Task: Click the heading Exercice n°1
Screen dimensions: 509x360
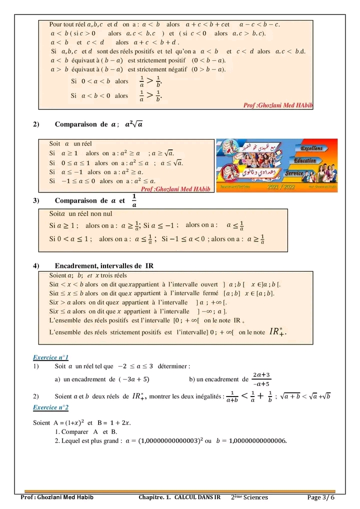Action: click(50, 357)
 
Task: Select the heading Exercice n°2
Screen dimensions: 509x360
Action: click(50, 407)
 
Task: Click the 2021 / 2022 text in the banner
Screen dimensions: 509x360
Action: click(281, 186)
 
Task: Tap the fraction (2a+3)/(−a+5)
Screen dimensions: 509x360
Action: click(261, 379)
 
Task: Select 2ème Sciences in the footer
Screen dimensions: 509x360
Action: click(249, 497)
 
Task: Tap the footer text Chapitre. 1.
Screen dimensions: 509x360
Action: click(155, 497)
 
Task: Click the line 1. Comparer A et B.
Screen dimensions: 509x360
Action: click(85, 431)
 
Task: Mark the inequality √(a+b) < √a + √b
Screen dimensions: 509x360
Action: click(306, 396)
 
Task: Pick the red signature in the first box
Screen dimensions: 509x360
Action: click(277, 105)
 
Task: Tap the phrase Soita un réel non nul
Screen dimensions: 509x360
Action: click(77, 213)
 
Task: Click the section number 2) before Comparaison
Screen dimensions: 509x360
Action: click(36, 124)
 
